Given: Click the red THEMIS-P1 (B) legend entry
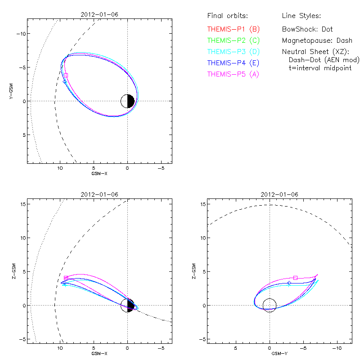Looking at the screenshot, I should coord(234,29).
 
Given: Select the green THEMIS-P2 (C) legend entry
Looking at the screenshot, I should coord(234,40).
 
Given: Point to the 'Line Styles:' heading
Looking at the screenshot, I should coord(301,16).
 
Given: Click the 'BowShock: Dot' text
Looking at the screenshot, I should coord(307,29).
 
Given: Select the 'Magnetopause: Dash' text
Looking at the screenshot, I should coord(317,40).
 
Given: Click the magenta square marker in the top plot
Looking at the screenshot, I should coord(66,75).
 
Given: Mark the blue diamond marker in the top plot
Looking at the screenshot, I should coord(65,81).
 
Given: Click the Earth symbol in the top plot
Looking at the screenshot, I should coord(128,101).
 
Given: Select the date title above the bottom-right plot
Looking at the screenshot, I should coord(279,194).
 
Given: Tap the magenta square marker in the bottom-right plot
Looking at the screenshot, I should coord(295,278).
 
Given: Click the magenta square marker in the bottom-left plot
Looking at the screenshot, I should coord(66,278).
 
